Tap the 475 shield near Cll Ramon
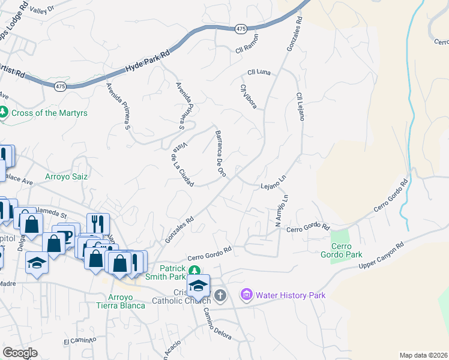(x=241, y=29)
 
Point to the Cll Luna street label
(x=259, y=72)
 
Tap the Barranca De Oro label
(x=220, y=154)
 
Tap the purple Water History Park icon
(x=246, y=295)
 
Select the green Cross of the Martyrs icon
(x=4, y=112)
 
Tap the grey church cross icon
(x=220, y=295)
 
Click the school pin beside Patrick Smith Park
(x=198, y=286)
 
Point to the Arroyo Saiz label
(x=67, y=177)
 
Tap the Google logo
(x=20, y=353)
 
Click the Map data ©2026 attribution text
(x=423, y=355)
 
